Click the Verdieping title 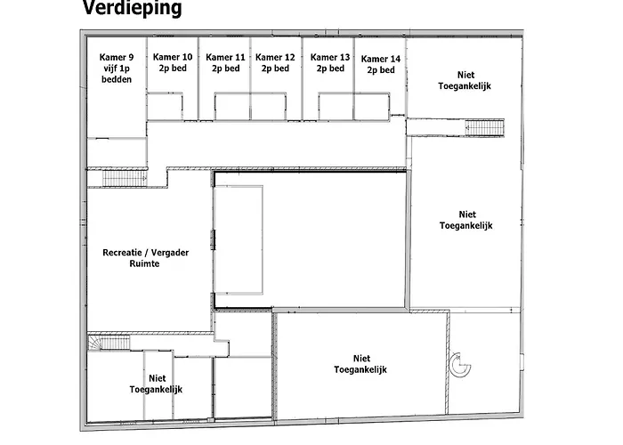(x=132, y=8)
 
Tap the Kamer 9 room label (x=117, y=69)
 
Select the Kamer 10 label (x=173, y=62)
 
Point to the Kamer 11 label (x=225, y=63)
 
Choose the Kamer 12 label (x=275, y=63)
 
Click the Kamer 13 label (x=330, y=63)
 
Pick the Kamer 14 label (x=381, y=64)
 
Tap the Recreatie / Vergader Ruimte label (x=145, y=258)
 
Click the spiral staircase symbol (x=460, y=364)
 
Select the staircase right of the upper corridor (x=485, y=127)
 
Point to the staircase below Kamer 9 (x=125, y=178)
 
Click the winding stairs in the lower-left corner (x=109, y=343)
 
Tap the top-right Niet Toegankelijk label (x=465, y=80)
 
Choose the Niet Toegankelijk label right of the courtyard (x=466, y=220)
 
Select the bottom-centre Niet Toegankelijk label (x=360, y=364)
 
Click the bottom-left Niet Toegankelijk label (x=156, y=384)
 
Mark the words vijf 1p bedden (x=117, y=74)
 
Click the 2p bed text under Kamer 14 (x=381, y=70)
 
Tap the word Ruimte (x=144, y=263)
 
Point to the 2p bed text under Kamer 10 (x=173, y=68)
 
